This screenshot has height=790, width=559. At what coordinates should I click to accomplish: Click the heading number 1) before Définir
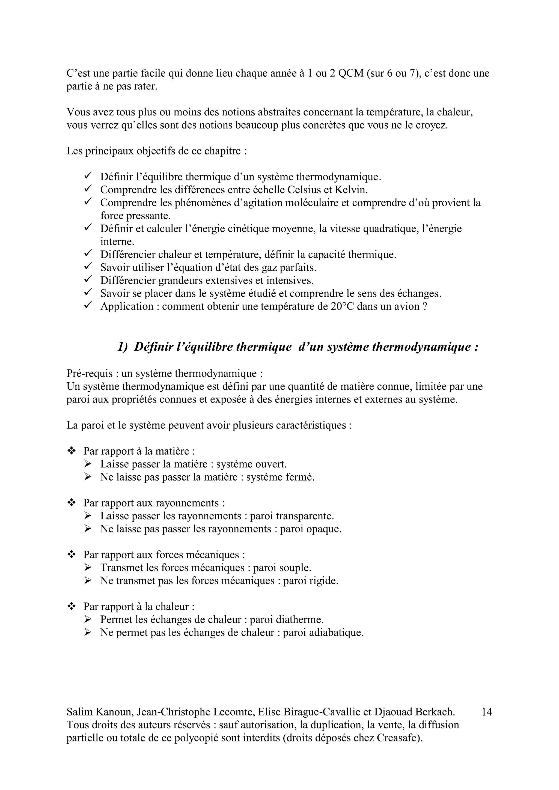pos(123,347)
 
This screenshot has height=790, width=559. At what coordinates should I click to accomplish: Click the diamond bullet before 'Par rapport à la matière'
pos(72,451)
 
